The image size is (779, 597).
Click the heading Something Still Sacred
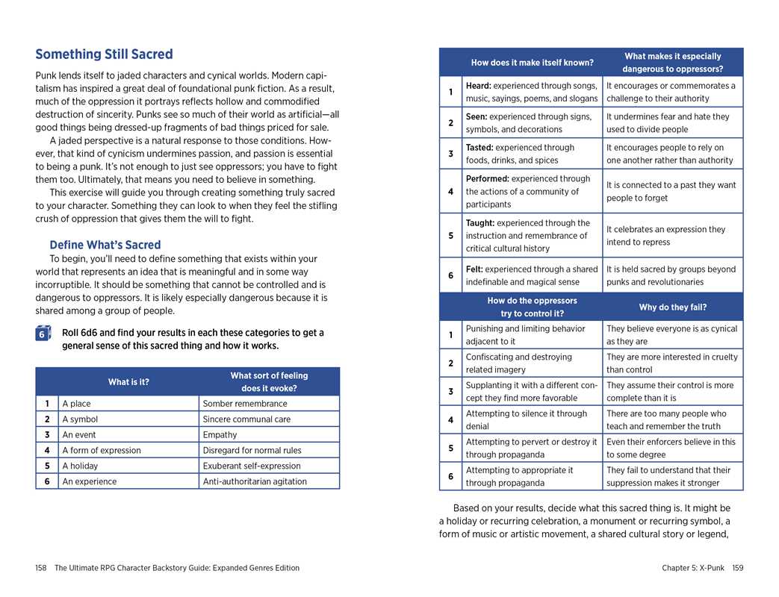(104, 54)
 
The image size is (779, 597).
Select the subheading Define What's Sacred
(105, 245)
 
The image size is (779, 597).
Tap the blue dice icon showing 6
(43, 334)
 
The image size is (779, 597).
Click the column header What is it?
(128, 382)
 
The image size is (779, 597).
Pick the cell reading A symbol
(80, 419)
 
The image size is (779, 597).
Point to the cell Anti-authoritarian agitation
(255, 482)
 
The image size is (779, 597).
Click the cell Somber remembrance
(245, 404)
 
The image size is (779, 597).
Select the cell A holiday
(80, 466)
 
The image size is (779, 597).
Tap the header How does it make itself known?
(532, 63)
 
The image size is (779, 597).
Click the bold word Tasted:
(479, 148)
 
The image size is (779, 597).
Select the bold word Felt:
(476, 269)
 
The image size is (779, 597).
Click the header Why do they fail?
(672, 307)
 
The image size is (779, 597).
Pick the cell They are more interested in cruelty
(671, 363)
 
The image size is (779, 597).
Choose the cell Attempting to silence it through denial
(527, 420)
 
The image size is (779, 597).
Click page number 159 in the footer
(737, 568)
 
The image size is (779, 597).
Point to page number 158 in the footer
(41, 568)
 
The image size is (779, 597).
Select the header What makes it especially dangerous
(672, 63)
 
